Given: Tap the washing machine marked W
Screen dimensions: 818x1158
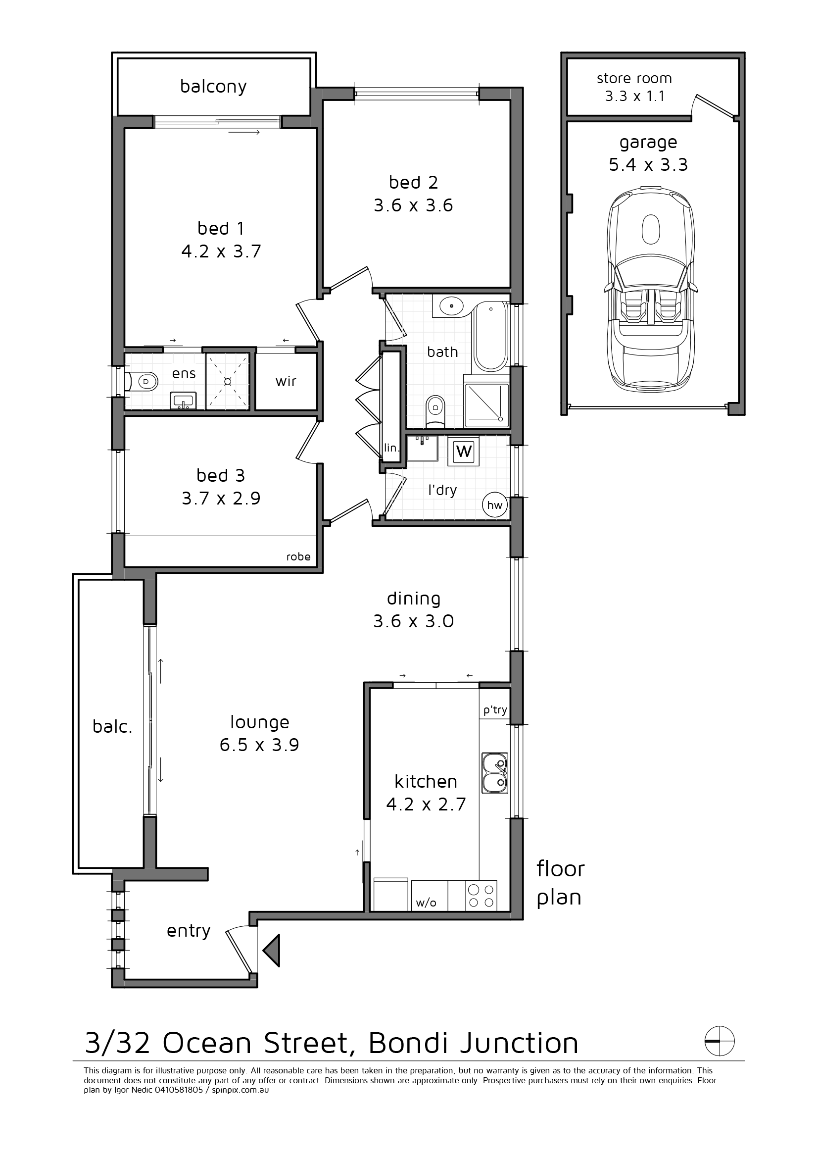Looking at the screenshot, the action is pyautogui.click(x=464, y=451).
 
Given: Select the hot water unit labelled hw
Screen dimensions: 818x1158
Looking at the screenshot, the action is pyautogui.click(x=495, y=505).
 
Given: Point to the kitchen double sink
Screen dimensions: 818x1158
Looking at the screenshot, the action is pyautogui.click(x=494, y=773).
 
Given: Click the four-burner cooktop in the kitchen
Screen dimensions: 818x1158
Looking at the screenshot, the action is pyautogui.click(x=481, y=895).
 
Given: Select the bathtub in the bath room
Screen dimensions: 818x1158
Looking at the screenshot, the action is pyautogui.click(x=491, y=336).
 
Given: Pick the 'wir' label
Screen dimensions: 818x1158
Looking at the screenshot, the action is pyautogui.click(x=286, y=381).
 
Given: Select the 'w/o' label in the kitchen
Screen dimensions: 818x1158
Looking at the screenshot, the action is pyautogui.click(x=426, y=903).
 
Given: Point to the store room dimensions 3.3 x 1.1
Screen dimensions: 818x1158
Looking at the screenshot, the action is pyautogui.click(x=635, y=96).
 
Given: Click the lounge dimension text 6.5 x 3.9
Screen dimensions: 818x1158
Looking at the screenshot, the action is pyautogui.click(x=260, y=745).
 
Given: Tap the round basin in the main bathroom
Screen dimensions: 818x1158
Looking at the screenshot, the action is pyautogui.click(x=452, y=305).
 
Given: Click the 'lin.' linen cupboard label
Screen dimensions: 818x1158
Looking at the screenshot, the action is pyautogui.click(x=391, y=448).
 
